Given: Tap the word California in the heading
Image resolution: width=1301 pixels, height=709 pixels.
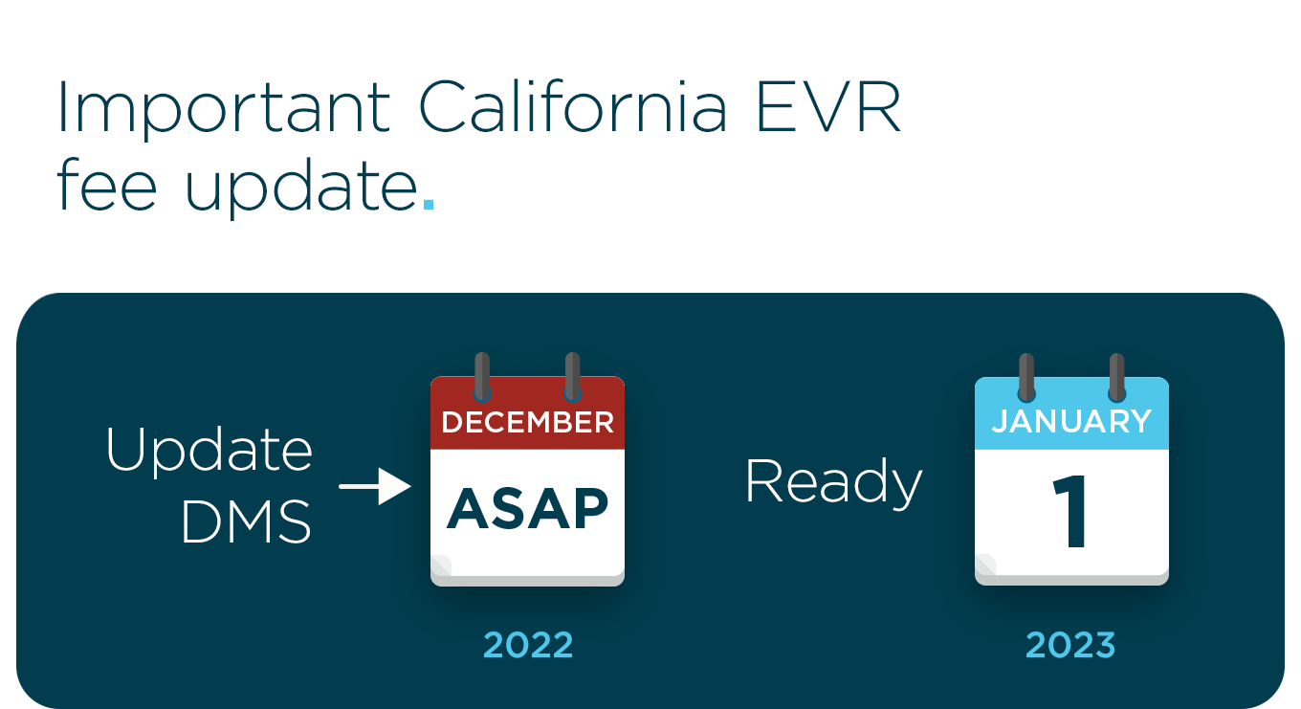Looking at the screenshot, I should coord(573,106).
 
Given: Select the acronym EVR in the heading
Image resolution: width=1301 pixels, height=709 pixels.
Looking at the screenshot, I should coord(827,106).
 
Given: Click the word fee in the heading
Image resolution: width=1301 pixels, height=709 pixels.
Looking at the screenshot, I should coord(106,186).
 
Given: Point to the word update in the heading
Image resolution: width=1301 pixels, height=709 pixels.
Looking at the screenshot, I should coord(300,188).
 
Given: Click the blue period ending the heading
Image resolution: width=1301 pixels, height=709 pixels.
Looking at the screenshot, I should coord(429,204).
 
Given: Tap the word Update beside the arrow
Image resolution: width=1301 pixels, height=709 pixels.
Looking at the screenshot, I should coord(209,449).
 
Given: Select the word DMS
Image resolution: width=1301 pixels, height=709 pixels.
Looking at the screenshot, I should coord(246,522).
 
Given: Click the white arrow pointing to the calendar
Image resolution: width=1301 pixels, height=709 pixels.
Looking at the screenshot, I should coord(375,487).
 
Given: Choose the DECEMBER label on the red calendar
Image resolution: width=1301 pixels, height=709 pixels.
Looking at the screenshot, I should coord(527,422).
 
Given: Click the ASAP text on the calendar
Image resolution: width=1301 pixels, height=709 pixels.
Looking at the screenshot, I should coord(527,508).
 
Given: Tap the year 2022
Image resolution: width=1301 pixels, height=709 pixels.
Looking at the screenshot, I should coord(528,645).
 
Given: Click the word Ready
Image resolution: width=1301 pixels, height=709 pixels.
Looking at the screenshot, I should coord(833,481).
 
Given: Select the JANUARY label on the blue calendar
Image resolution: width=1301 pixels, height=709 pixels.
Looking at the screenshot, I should coord(1071,421).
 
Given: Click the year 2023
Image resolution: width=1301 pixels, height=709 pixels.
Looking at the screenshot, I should coord(1070,645).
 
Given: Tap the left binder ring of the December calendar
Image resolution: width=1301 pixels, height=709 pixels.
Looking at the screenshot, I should coord(482,376).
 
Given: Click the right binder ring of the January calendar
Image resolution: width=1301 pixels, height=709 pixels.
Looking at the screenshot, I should coord(1116,377).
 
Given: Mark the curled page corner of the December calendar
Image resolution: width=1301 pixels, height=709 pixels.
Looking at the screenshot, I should coord(441,566).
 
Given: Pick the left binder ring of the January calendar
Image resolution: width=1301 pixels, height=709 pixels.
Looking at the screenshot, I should coord(1026,377).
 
